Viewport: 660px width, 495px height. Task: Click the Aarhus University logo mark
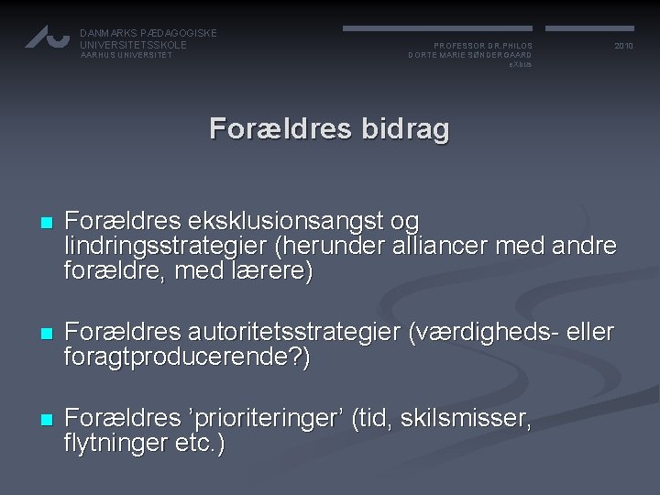click(x=47, y=36)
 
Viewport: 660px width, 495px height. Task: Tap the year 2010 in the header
click(x=624, y=45)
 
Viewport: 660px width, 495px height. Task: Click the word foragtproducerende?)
click(x=187, y=357)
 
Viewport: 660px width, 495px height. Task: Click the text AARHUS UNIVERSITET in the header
click(x=126, y=55)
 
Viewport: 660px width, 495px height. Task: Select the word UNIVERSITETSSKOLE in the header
click(x=133, y=44)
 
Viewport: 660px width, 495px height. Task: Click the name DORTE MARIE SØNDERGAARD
click(x=469, y=55)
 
